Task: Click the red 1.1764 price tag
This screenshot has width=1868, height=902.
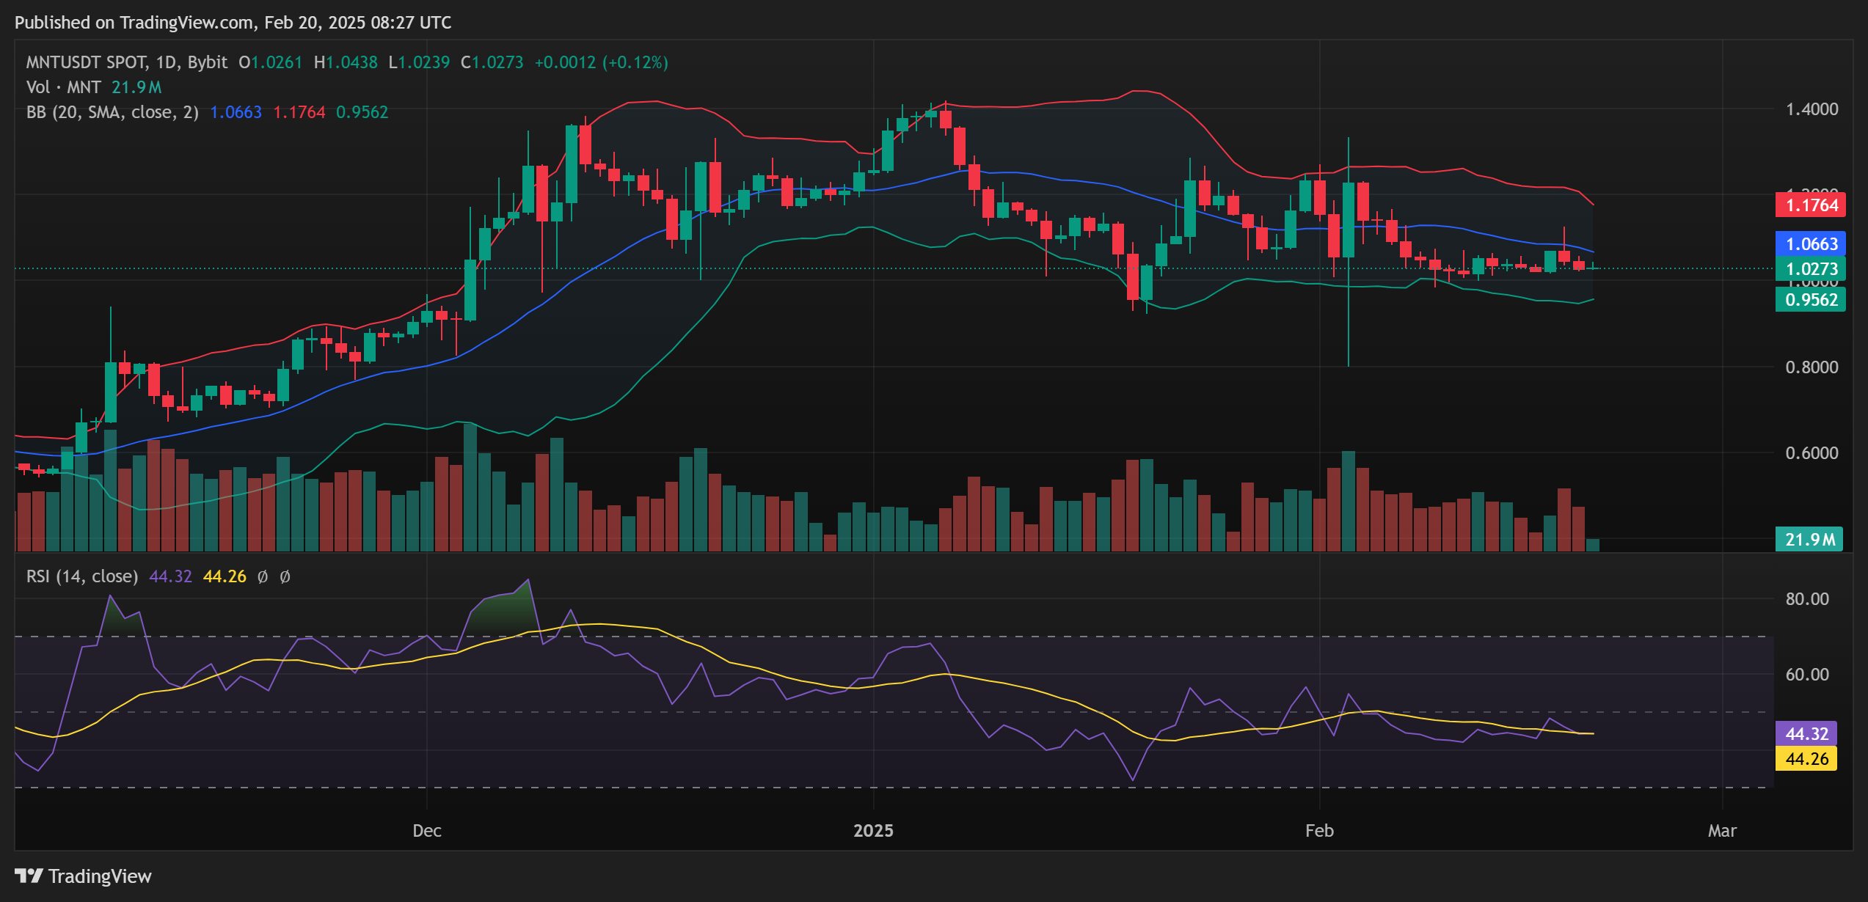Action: coord(1810,205)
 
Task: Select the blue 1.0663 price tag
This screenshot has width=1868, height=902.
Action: coord(1810,243)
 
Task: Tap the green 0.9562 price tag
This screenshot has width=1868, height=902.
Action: coord(1810,299)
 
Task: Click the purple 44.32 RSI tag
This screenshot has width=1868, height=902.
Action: coord(1806,733)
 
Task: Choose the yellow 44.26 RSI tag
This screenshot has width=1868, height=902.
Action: coord(1806,758)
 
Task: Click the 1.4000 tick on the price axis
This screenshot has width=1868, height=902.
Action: coord(1812,109)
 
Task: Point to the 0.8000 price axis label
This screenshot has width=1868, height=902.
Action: coord(1812,367)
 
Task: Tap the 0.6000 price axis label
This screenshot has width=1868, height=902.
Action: coord(1812,452)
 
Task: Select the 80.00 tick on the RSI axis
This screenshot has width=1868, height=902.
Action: coord(1807,598)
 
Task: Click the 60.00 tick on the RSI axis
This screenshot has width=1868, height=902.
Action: coord(1807,674)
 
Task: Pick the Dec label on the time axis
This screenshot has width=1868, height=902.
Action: coord(427,830)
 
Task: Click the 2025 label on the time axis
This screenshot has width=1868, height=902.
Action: coord(873,830)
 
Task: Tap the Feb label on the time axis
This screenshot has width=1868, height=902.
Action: coord(1319,830)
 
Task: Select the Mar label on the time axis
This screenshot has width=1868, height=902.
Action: coord(1722,830)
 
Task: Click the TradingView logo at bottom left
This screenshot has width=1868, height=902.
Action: coord(83,876)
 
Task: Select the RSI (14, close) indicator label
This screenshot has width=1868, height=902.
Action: coord(82,576)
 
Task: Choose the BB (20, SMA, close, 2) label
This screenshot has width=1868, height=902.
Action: coord(112,112)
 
